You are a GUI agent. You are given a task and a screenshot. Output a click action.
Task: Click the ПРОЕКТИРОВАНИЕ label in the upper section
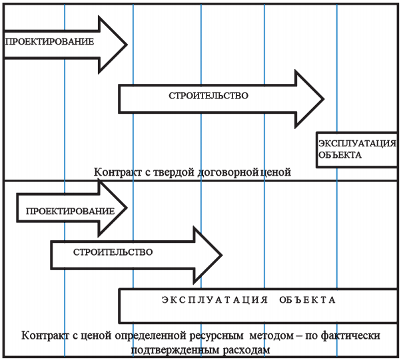[x=49, y=42]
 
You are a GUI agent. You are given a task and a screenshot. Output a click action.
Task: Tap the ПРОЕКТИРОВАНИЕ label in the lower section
[x=70, y=212]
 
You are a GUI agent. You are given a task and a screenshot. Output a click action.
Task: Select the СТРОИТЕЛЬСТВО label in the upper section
[x=208, y=96]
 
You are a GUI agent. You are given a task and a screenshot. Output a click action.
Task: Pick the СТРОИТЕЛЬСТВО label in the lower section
[x=113, y=252]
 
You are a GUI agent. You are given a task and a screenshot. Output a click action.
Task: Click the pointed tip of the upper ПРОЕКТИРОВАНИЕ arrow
[x=127, y=45]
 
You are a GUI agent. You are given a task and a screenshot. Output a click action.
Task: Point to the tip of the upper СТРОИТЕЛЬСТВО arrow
[x=324, y=99]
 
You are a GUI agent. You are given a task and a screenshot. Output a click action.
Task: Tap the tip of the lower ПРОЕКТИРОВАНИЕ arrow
[x=127, y=208]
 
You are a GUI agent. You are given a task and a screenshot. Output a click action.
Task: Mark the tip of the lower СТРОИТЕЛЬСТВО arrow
[x=222, y=255]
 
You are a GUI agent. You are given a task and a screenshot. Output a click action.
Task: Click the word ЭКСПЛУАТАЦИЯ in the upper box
[x=357, y=144]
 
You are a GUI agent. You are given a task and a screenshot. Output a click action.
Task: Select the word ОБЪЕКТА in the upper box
[x=340, y=155]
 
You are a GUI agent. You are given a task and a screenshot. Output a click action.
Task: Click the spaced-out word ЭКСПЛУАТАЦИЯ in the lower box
[x=214, y=300]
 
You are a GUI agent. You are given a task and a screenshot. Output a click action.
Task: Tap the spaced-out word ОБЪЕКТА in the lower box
[x=307, y=300]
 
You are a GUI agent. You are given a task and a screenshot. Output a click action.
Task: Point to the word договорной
[x=228, y=173]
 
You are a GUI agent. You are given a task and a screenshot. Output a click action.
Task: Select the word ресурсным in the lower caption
[x=216, y=336]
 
